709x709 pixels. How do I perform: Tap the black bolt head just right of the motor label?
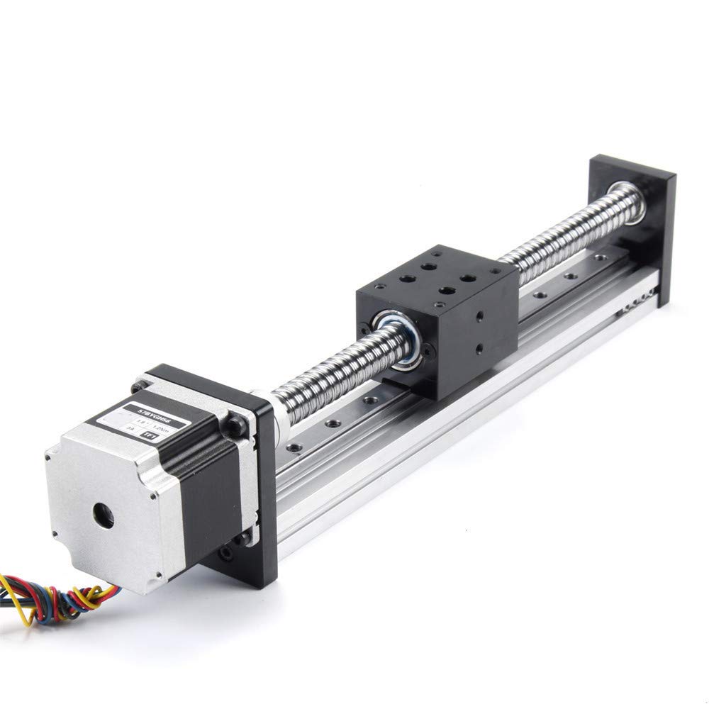[x=235, y=424]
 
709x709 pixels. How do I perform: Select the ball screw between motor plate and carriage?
[x=326, y=369]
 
